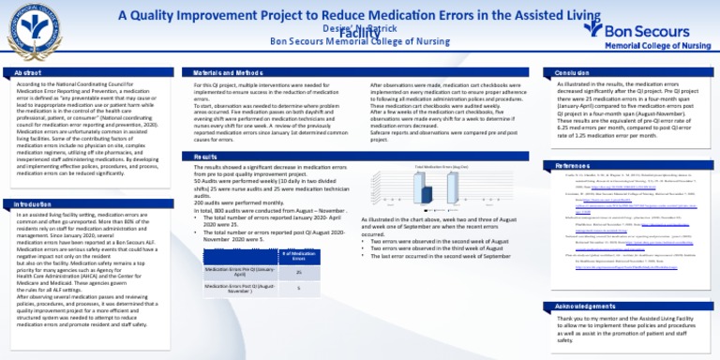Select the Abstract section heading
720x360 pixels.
28,71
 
